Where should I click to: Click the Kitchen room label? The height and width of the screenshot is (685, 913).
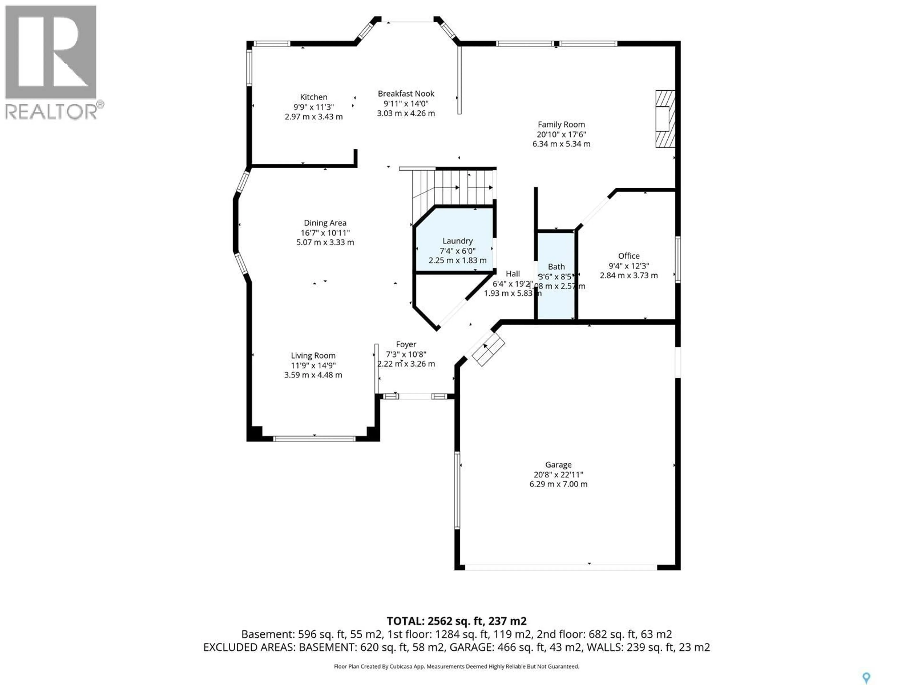[x=313, y=97]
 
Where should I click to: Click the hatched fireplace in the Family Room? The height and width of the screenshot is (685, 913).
[x=665, y=119]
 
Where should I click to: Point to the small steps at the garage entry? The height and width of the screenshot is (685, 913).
[x=488, y=349]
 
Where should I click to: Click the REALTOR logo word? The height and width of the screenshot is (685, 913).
[x=52, y=112]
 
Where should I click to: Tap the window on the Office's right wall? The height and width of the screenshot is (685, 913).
[x=677, y=259]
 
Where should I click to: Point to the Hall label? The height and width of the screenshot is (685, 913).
[x=513, y=274]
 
